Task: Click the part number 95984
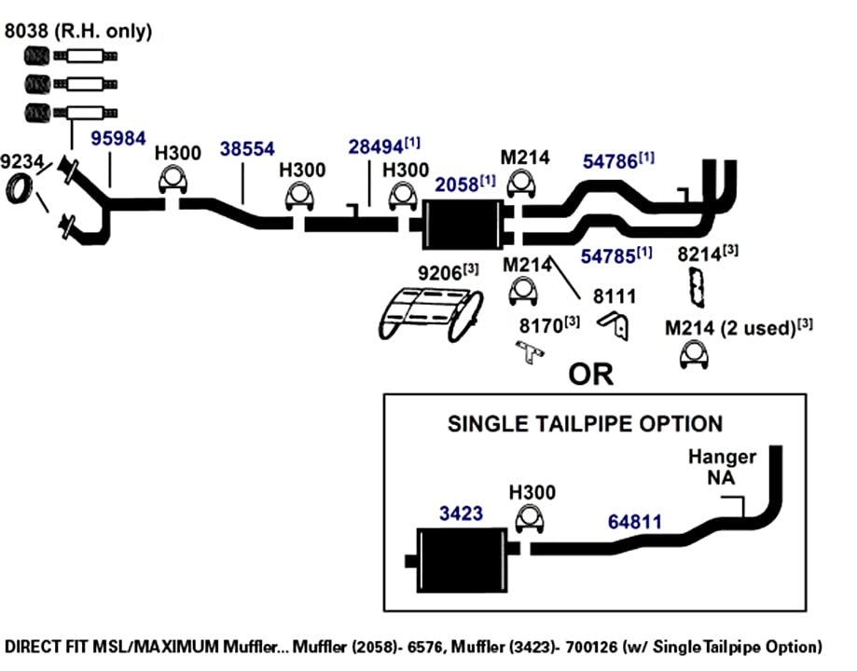(x=118, y=138)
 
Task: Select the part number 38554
(x=247, y=148)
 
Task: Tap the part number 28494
(x=376, y=146)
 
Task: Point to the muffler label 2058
(x=457, y=185)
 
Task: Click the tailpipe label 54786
(x=610, y=161)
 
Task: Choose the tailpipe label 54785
(x=608, y=256)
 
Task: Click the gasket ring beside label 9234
(x=20, y=188)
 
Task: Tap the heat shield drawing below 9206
(x=431, y=314)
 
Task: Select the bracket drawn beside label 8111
(x=615, y=326)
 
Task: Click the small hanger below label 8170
(x=530, y=352)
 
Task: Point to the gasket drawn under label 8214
(x=697, y=287)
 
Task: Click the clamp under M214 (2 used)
(x=694, y=355)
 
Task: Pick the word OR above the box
(x=591, y=375)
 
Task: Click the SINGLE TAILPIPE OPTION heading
(x=585, y=424)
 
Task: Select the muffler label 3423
(x=462, y=514)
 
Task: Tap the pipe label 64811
(x=634, y=522)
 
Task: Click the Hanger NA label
(x=722, y=467)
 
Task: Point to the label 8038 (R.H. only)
(x=78, y=31)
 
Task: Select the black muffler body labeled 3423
(x=463, y=560)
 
